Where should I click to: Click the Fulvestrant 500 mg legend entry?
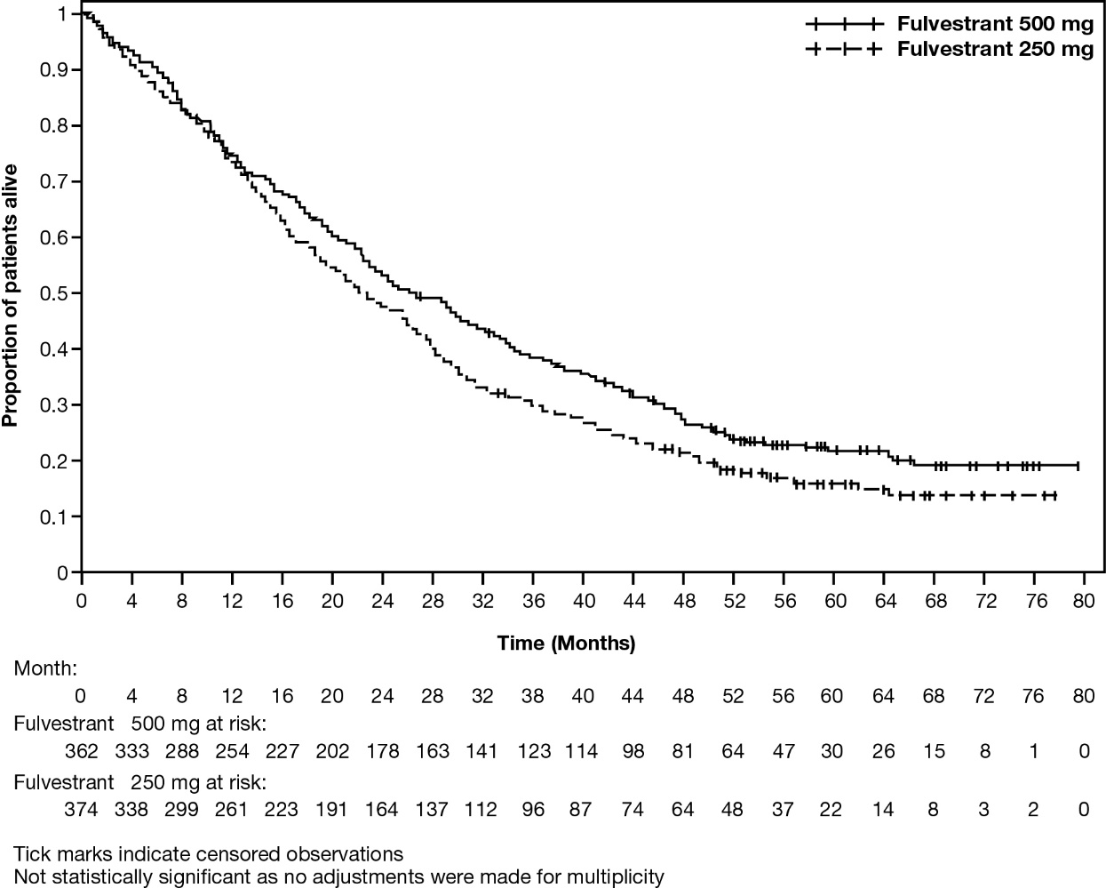click(x=994, y=24)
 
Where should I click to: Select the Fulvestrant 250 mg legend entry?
click(x=994, y=50)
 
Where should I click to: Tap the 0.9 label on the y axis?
click(x=57, y=69)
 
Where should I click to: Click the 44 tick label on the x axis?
click(x=633, y=601)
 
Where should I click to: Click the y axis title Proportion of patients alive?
click(x=12, y=293)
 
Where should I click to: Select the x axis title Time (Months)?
click(x=566, y=643)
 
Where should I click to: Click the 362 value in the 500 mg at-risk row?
click(x=81, y=751)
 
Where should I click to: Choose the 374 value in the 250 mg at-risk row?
click(x=81, y=810)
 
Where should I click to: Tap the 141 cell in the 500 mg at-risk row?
click(x=482, y=751)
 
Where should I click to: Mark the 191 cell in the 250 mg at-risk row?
click(x=332, y=810)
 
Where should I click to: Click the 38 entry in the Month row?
click(x=533, y=695)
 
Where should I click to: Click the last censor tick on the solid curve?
click(x=1078, y=465)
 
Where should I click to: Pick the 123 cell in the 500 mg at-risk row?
click(x=533, y=751)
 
